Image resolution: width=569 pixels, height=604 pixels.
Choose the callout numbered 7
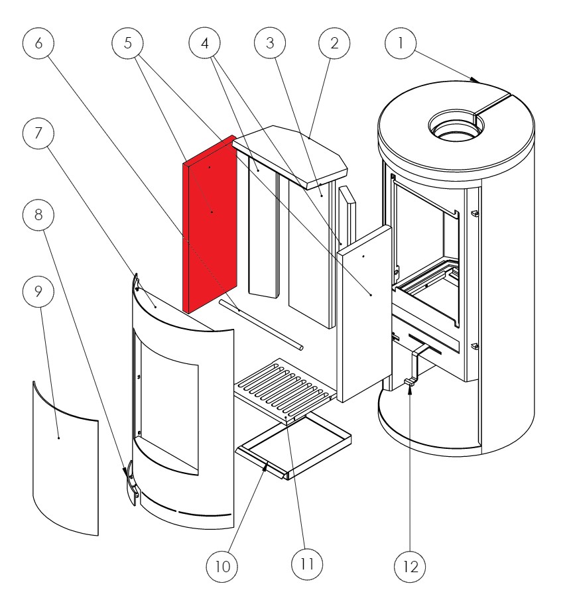click(x=38, y=135)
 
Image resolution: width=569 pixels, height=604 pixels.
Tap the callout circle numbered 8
click(x=38, y=215)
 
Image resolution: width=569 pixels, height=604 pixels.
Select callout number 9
click(x=38, y=292)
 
